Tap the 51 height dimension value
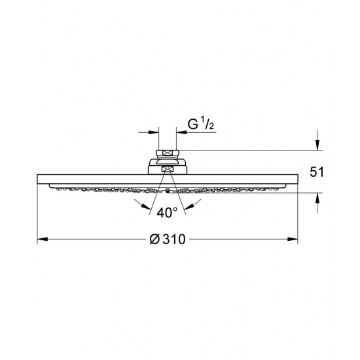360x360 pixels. click(316, 173)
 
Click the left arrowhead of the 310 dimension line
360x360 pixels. click(41, 240)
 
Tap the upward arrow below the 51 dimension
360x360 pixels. click(318, 198)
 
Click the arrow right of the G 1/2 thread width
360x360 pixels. click(181, 131)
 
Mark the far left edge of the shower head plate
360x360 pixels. click(38, 181)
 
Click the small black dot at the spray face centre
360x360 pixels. click(168, 192)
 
